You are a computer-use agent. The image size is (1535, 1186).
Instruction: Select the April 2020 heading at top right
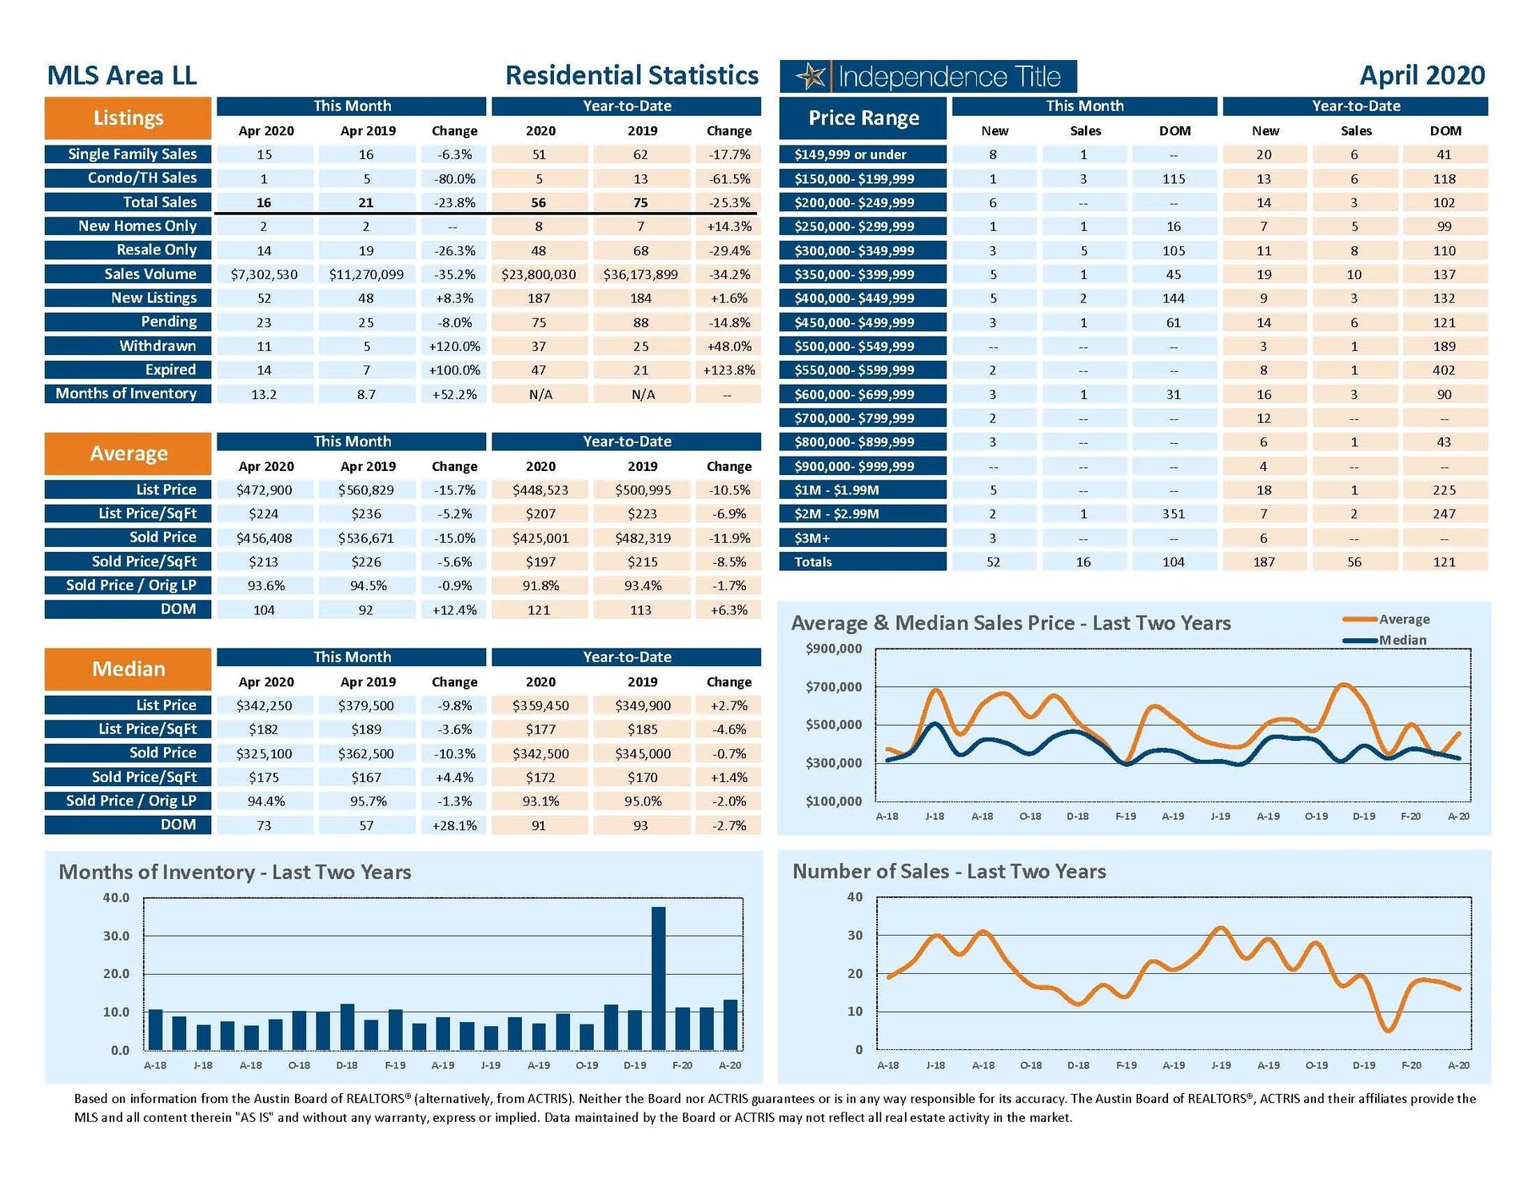(x=1421, y=75)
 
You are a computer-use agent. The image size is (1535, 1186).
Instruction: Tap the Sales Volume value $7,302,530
(x=264, y=274)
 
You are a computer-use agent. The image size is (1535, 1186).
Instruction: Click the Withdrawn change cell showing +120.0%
(x=454, y=346)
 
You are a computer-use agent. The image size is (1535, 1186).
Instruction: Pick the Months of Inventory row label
(x=127, y=393)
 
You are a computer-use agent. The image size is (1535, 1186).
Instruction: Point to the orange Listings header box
(x=128, y=118)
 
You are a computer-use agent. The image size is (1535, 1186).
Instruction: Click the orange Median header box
(x=128, y=669)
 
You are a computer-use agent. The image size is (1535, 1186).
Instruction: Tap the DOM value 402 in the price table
(x=1444, y=370)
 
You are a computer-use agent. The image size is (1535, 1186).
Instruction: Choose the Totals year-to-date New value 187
(x=1263, y=562)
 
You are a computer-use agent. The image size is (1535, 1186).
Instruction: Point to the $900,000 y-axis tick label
(x=834, y=649)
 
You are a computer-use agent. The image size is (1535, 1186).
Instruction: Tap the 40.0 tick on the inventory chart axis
(x=116, y=897)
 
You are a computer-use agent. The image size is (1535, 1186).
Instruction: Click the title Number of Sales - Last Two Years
(x=949, y=872)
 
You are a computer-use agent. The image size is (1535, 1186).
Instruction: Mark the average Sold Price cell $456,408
(x=264, y=538)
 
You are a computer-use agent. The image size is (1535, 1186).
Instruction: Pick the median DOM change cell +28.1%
(x=454, y=825)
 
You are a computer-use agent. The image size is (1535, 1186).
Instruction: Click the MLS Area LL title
(x=122, y=75)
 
